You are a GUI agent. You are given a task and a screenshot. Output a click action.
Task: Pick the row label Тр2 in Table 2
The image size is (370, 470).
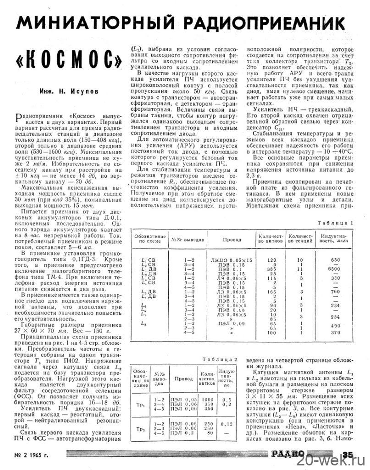[142, 429]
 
